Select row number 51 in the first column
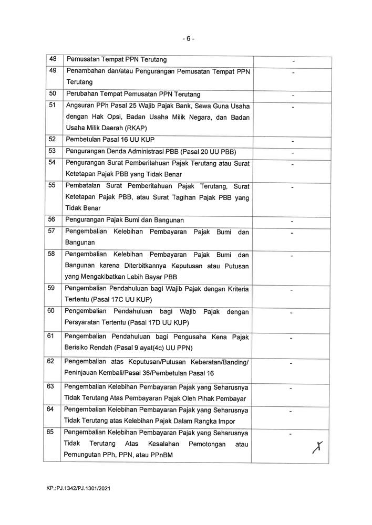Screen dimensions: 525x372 (x=52, y=106)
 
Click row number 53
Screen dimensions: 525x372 (x=52, y=151)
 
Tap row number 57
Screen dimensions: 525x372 (x=52, y=231)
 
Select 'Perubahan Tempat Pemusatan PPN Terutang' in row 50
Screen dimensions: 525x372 (x=132, y=94)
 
